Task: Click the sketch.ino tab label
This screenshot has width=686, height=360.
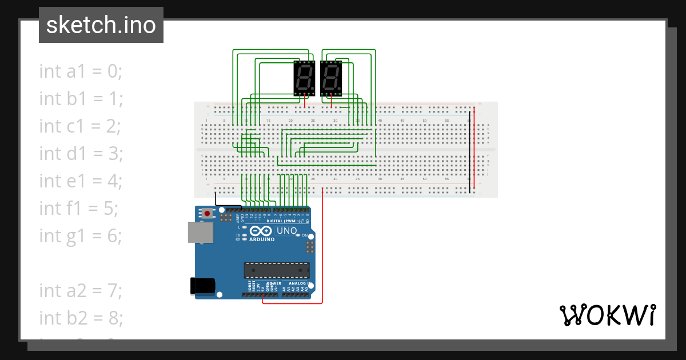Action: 101,25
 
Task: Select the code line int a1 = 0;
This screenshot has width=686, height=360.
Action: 81,71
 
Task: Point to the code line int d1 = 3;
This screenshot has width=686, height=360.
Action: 81,153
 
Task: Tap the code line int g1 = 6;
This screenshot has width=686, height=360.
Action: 81,235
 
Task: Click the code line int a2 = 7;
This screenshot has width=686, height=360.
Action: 81,290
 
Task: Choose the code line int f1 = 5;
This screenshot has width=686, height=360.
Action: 79,208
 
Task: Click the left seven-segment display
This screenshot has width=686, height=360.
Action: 304,78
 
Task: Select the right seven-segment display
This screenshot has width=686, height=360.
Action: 332,78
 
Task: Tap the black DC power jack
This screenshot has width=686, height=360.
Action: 202,286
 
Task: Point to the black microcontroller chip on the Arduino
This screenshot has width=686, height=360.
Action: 277,270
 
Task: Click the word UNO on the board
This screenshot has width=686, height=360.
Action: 287,231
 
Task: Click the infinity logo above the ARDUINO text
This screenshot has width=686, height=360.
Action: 261,231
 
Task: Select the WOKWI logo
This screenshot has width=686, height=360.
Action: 607,315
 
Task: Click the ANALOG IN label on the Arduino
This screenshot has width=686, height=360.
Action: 298,283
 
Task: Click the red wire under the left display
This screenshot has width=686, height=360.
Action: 305,102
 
